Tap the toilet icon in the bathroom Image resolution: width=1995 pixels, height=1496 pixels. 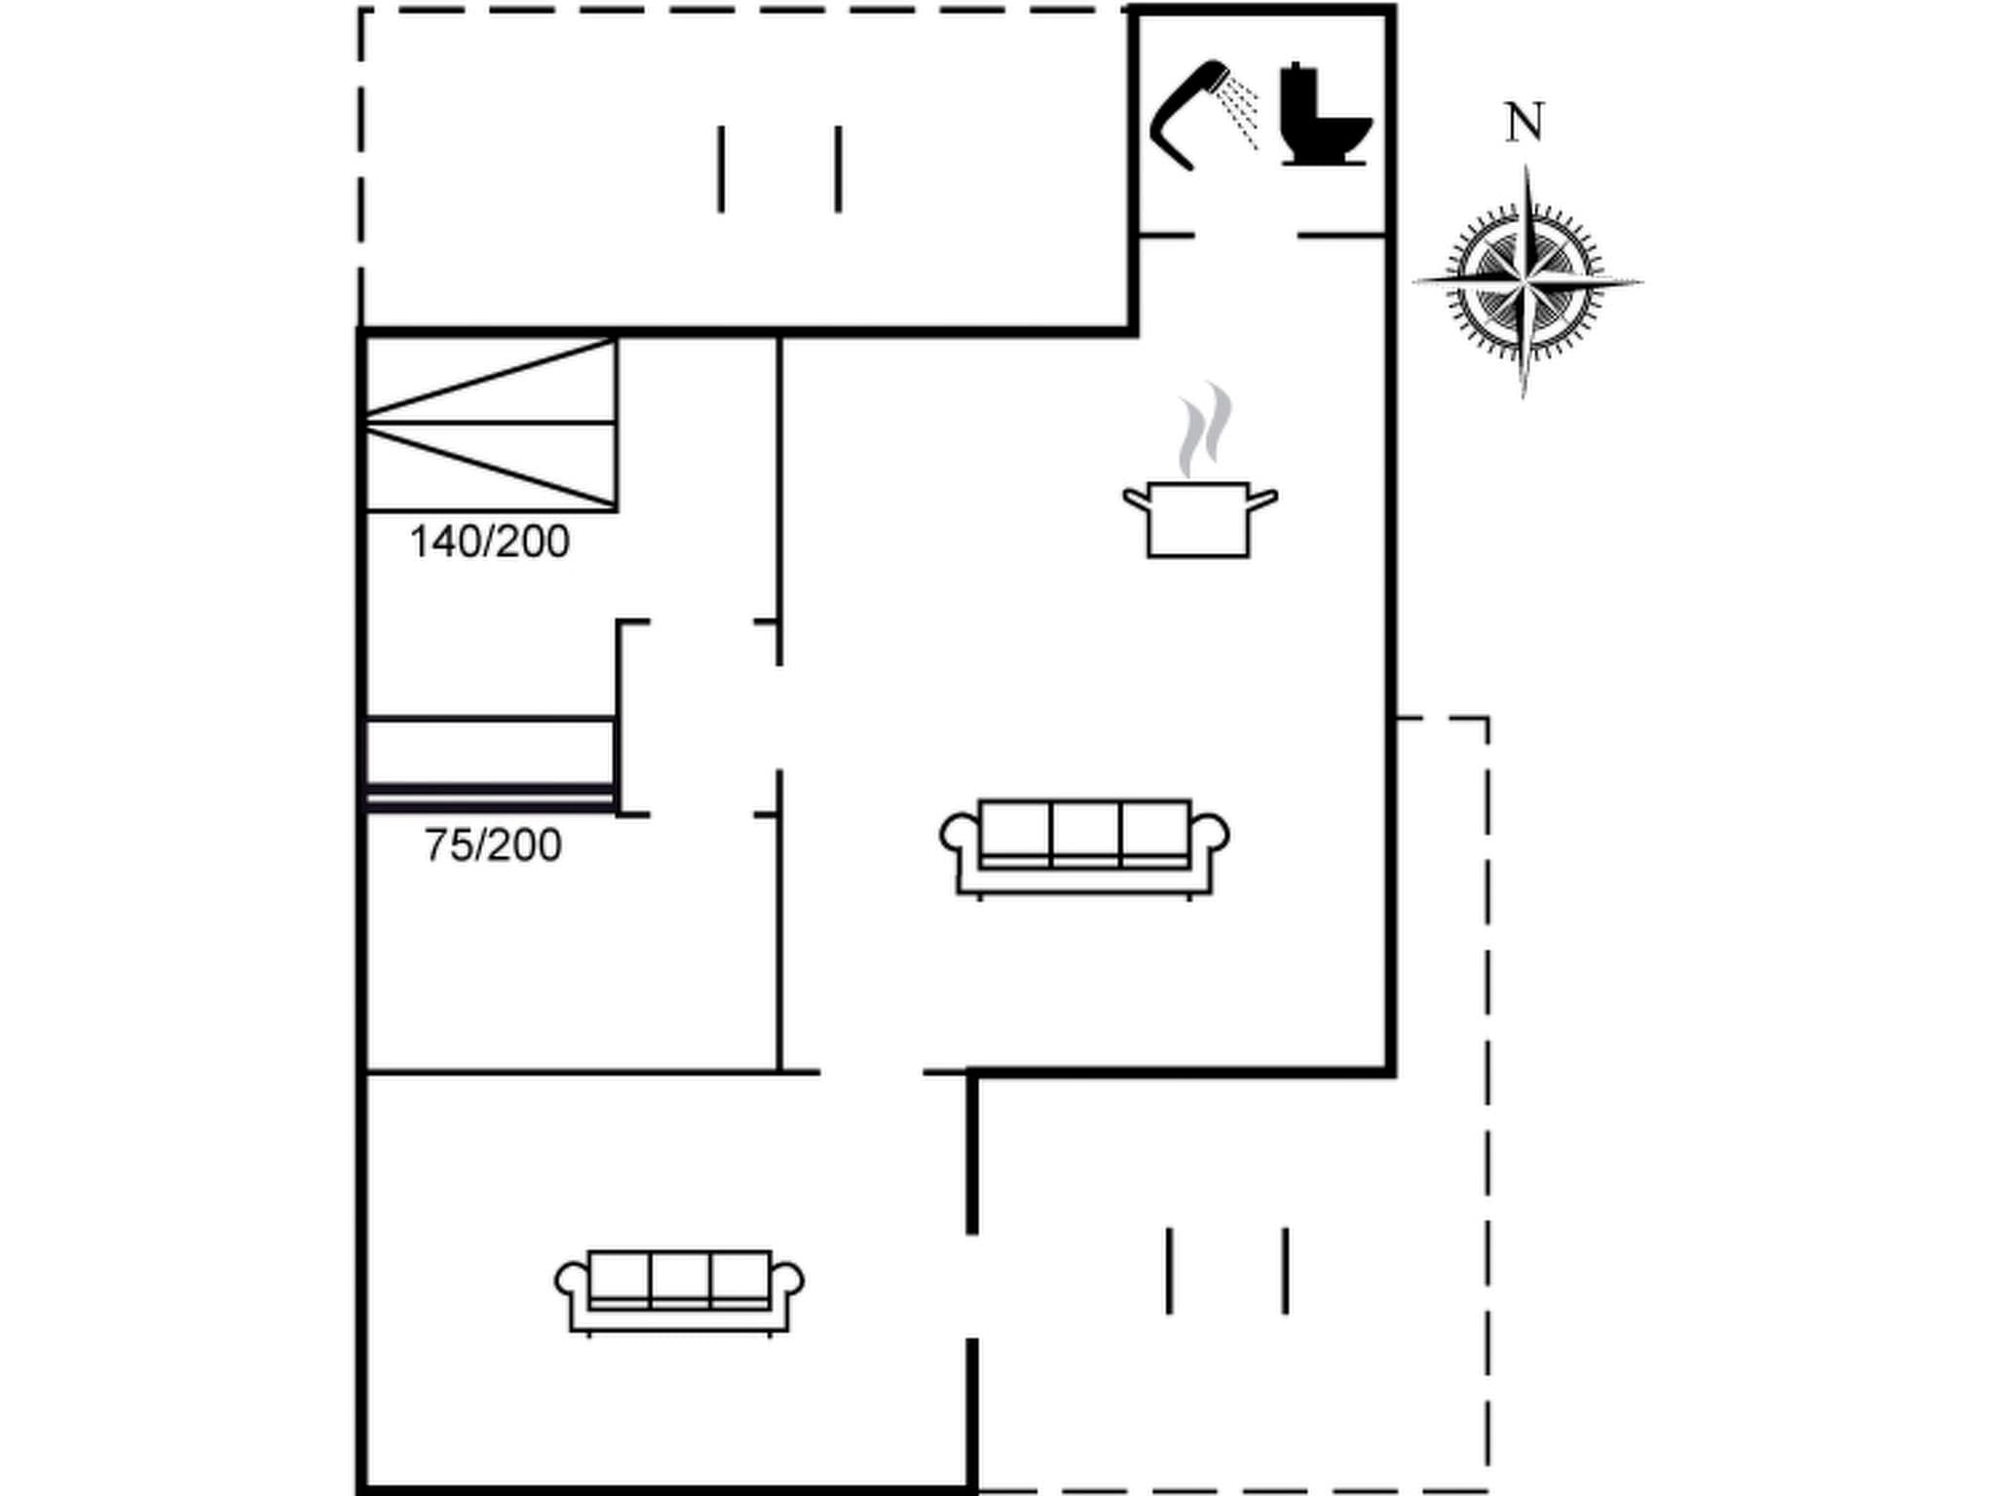1324,116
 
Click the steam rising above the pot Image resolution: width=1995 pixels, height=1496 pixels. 1205,428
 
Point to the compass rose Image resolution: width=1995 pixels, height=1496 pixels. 1525,282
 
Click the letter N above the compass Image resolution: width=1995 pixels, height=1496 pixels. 1524,124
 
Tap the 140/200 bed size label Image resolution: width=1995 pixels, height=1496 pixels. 489,542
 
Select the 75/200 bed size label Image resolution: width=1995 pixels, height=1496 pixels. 493,845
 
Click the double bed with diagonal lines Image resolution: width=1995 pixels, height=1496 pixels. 491,424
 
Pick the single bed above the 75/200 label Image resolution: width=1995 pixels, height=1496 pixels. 490,764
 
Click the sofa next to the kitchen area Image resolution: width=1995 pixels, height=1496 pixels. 1084,846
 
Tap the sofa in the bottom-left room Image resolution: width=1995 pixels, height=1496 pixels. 679,1291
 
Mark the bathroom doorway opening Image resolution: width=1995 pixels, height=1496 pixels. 1246,236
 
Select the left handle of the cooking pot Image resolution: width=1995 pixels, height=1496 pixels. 1136,500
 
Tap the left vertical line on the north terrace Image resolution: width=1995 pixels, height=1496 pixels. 721,168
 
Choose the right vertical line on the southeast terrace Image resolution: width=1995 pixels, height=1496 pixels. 1286,1270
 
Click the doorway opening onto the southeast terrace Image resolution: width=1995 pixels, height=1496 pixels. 972,1286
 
